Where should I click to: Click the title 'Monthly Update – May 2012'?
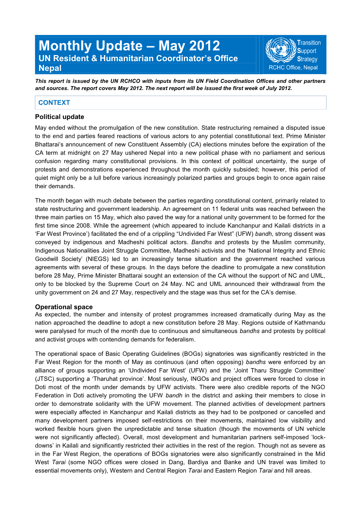point(129,46)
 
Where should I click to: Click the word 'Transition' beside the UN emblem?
point(309,43)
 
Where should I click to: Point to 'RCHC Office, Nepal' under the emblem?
point(293,68)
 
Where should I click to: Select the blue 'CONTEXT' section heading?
point(54,103)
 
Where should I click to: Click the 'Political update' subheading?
point(60,117)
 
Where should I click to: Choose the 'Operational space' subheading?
point(64,307)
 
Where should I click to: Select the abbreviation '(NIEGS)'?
point(96,259)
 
